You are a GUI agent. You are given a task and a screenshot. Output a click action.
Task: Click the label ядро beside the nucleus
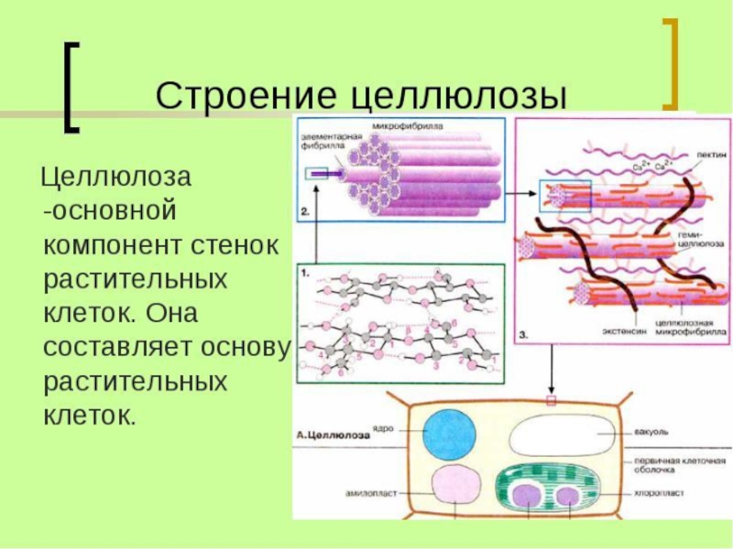coord(386,427)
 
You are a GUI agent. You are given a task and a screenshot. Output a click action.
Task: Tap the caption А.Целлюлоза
coord(333,436)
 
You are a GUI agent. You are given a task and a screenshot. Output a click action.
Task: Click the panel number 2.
coord(304,212)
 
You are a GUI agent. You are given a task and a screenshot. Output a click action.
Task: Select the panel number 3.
coord(522,336)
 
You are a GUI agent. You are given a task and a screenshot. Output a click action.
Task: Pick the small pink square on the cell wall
coord(551,401)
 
